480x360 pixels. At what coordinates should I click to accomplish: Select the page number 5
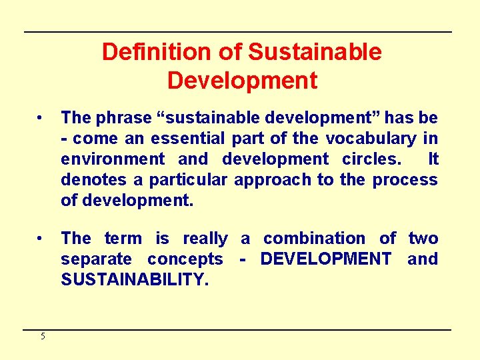point(43,337)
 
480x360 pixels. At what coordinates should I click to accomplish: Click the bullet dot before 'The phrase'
point(41,118)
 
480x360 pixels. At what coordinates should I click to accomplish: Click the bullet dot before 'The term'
point(41,238)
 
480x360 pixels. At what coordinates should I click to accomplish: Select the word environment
point(113,159)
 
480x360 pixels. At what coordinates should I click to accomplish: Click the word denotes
point(87,180)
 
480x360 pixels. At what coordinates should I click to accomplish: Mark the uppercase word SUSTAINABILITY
point(135,280)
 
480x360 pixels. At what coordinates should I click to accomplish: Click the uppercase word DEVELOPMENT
point(325,259)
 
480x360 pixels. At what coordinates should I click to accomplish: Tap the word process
point(405,180)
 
